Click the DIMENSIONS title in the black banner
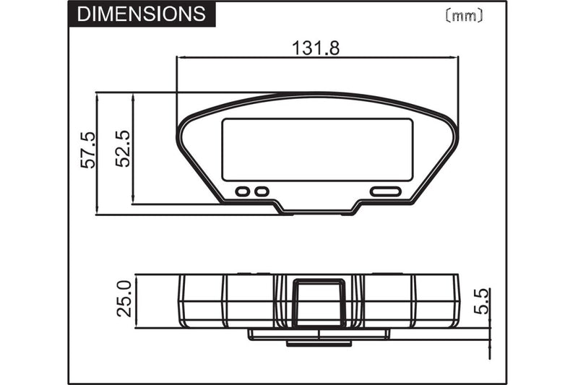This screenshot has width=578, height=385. click(140, 14)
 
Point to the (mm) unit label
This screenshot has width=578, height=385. click(462, 14)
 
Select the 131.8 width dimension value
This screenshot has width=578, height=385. click(316, 48)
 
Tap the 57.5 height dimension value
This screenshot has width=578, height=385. click(87, 150)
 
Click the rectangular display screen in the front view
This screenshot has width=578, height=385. click(317, 150)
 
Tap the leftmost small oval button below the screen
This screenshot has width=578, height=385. click(243, 191)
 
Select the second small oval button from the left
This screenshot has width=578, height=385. click(262, 191)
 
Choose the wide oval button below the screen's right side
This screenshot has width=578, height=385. click(386, 191)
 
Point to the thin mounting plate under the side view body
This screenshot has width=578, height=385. click(318, 334)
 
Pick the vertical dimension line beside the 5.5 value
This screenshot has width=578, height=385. click(491, 318)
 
